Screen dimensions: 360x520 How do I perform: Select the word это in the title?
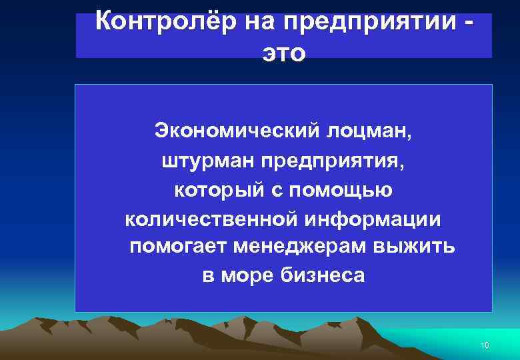[284, 53]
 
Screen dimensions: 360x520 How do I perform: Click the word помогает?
[178, 247]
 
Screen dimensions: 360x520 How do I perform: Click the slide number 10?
[485, 346]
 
